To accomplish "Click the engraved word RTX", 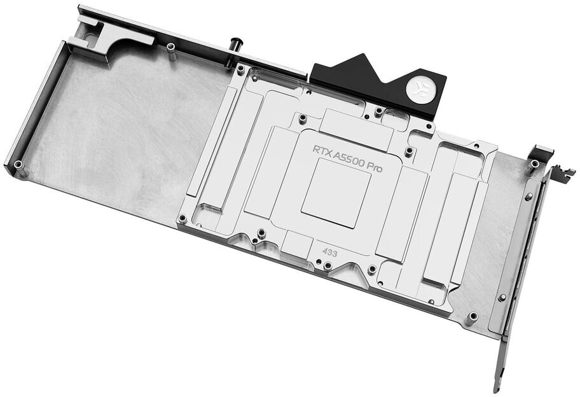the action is pos(322,151).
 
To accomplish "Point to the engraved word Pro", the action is pos(375,168).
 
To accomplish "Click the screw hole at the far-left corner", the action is pos(17,163).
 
